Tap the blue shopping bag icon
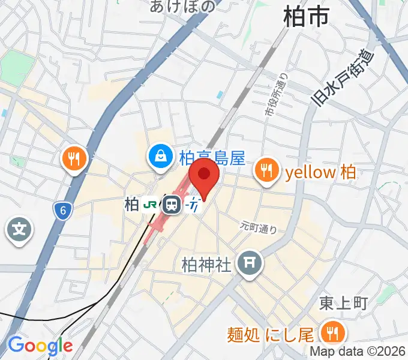click(160, 157)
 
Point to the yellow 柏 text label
click(320, 173)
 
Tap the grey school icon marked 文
click(19, 229)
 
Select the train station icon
click(172, 205)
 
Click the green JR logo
click(151, 205)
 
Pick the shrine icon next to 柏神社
click(248, 263)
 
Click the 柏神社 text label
click(206, 263)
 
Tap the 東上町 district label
click(343, 304)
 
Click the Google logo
click(40, 346)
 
